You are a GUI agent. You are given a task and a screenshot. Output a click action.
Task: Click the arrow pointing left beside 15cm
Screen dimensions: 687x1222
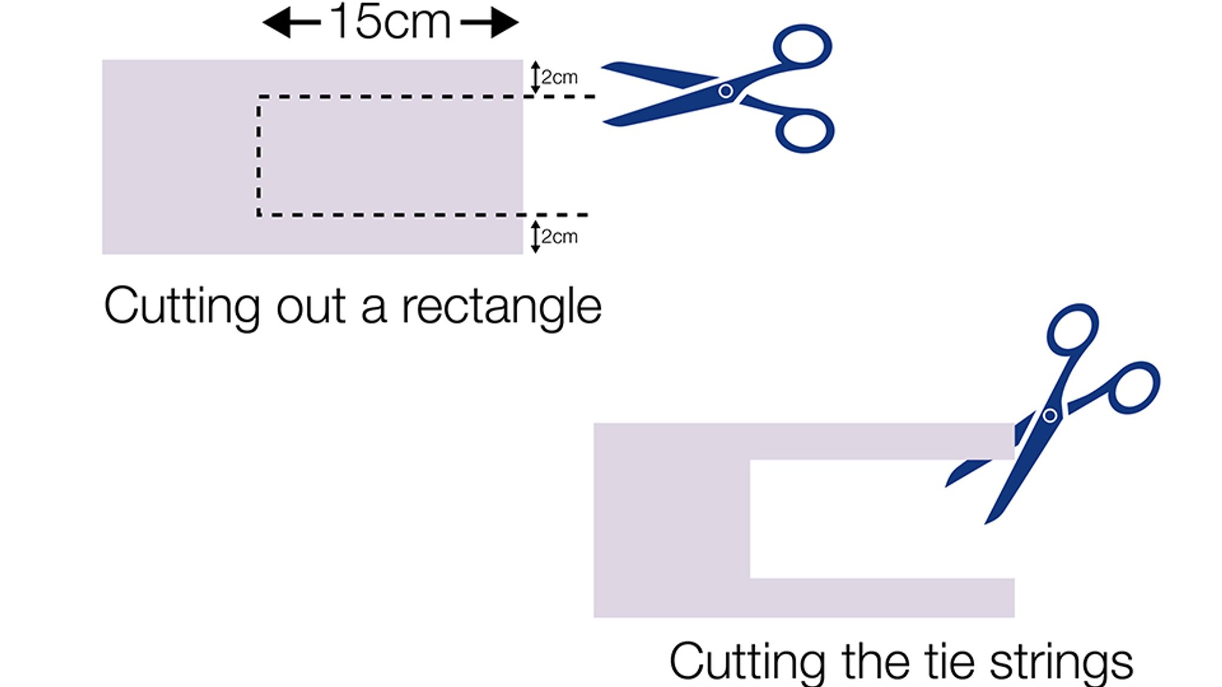click(291, 23)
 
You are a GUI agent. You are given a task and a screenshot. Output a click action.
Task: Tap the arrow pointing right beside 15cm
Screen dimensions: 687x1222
click(489, 23)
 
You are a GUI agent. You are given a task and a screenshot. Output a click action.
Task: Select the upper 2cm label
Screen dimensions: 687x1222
click(560, 78)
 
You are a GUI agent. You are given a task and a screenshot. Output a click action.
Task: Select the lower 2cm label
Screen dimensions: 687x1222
click(560, 237)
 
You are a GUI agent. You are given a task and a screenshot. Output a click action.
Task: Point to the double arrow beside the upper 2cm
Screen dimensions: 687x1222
click(535, 78)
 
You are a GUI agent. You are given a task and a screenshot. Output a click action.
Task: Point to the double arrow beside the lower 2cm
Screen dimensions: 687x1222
click(535, 236)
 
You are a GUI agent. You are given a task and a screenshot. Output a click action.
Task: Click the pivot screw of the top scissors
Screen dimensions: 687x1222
click(726, 91)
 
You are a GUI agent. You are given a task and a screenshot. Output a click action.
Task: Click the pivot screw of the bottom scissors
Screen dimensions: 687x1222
click(1050, 415)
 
